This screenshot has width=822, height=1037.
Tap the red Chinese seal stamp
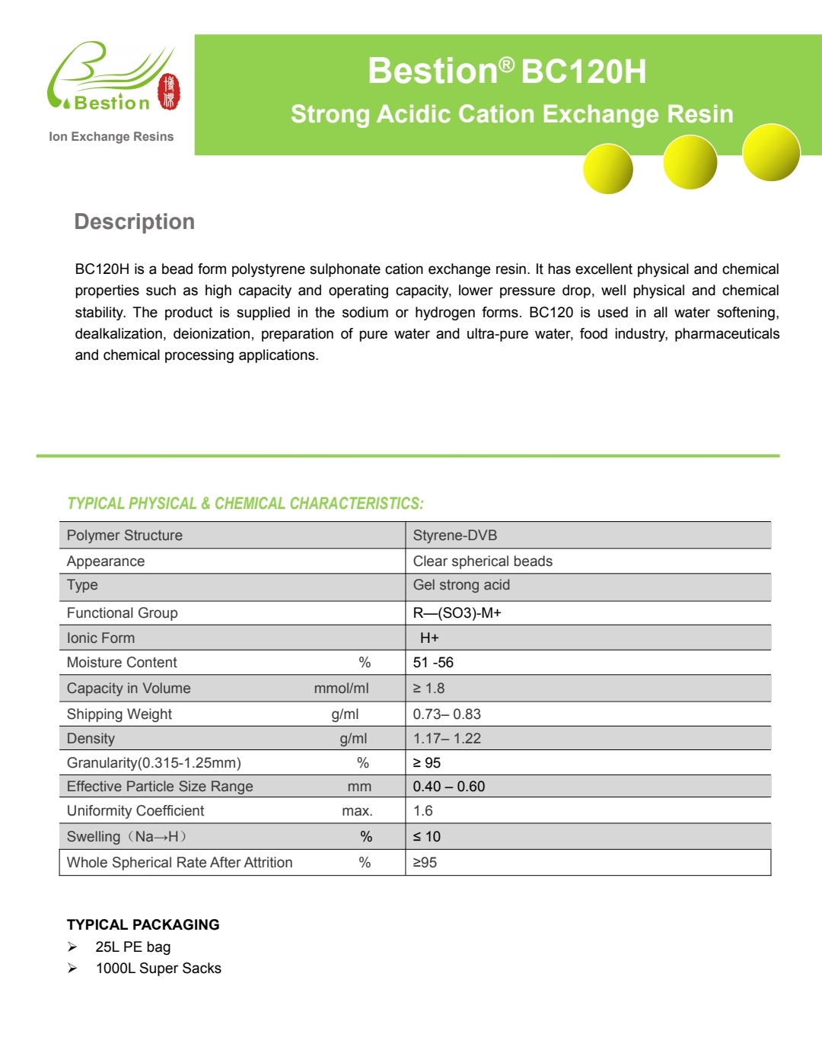point(169,92)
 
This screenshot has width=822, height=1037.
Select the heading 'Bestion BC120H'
point(507,71)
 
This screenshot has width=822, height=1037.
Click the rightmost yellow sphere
point(770,152)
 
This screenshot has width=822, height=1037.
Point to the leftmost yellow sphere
point(608,168)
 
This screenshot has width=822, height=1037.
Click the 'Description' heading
point(135,221)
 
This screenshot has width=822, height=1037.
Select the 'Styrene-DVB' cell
point(455,535)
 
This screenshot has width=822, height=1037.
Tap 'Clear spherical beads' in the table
point(483,561)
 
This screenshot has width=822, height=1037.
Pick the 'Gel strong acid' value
point(461,585)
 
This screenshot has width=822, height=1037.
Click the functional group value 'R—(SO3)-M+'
point(457,612)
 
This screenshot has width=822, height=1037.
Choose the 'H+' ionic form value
point(429,638)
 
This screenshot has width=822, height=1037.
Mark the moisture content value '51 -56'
point(433,663)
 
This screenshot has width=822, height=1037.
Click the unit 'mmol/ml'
point(341,689)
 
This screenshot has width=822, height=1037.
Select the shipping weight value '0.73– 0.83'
point(447,714)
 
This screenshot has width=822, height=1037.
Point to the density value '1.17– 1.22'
point(447,738)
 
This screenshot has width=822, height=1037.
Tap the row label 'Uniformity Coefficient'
point(135,811)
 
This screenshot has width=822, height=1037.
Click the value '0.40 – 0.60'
point(449,787)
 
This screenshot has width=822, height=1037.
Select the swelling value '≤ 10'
point(427,837)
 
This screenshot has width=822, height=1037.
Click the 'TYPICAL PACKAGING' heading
point(143,924)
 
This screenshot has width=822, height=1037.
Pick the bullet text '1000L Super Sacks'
point(158,969)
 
